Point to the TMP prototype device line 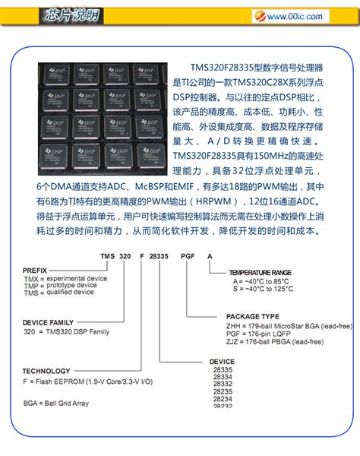[x=60, y=285]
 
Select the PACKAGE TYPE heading [x=254, y=316]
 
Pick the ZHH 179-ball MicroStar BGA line [x=289, y=325]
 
